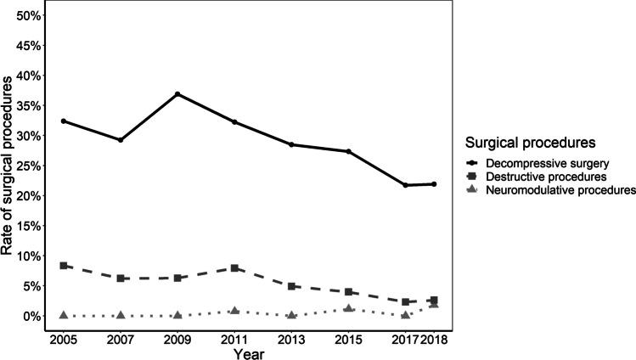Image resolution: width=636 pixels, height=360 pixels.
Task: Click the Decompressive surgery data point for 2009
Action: (177, 94)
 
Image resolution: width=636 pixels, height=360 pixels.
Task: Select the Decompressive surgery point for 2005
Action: (64, 121)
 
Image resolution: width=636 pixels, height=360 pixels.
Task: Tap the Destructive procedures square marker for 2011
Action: (234, 268)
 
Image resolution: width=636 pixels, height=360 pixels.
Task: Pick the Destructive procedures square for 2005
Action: (64, 266)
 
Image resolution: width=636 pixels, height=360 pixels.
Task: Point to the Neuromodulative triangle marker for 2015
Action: (348, 308)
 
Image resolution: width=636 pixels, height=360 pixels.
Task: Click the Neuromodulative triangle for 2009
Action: (177, 315)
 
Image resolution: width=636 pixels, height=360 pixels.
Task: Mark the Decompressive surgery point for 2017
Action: (405, 185)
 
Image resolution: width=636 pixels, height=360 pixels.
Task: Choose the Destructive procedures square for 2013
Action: (291, 286)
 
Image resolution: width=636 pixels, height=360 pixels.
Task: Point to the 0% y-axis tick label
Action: (31, 316)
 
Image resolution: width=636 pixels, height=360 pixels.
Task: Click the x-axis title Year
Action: (249, 353)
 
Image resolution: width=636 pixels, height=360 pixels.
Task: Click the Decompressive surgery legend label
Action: (549, 161)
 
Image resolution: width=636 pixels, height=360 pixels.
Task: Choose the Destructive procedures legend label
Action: (549, 176)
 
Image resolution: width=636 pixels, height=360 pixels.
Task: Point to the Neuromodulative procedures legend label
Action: (560, 191)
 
